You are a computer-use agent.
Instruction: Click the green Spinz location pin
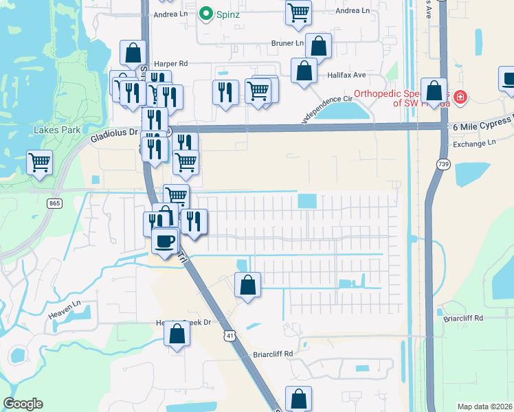205,14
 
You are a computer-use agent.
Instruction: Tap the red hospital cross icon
460,98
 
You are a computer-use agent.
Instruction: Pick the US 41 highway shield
228,334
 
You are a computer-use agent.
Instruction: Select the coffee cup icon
165,241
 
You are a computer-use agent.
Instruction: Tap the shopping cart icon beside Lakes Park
39,163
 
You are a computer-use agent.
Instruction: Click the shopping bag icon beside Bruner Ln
318,46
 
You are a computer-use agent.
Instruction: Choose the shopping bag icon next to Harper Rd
133,53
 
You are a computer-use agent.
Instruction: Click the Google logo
23,404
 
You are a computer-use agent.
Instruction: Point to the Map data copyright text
484,407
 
